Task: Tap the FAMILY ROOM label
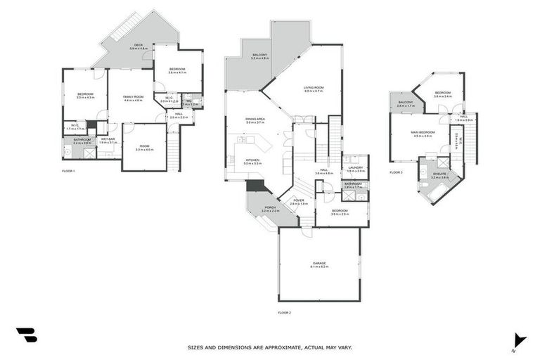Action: [134, 97]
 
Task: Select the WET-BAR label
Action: [108, 140]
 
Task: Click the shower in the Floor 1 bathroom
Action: [89, 153]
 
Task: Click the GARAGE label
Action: [319, 264]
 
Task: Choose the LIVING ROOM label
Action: [314, 89]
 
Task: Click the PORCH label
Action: [270, 208]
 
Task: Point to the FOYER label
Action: [299, 201]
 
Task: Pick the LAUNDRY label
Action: [356, 168]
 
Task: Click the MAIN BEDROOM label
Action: [423, 133]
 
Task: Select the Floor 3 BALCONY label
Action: [406, 103]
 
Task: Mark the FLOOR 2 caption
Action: [284, 311]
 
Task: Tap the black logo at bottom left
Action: [26, 335]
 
